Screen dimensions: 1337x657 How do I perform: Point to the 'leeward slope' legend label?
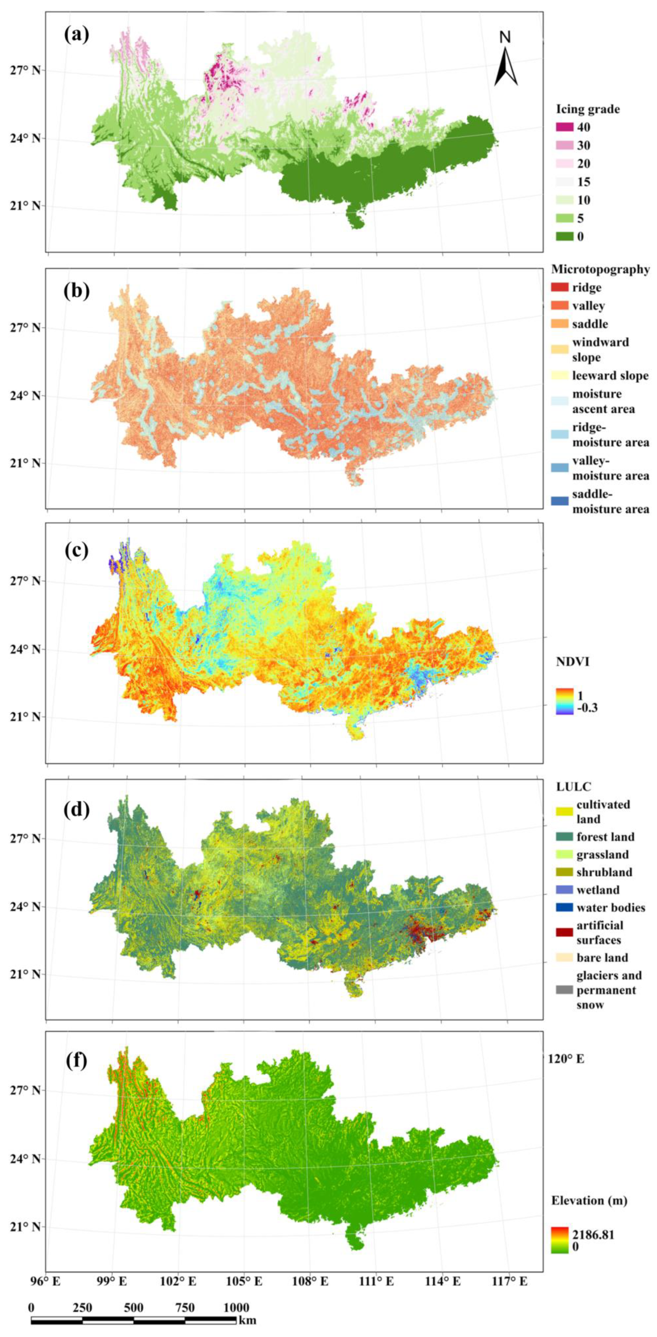pyautogui.click(x=610, y=375)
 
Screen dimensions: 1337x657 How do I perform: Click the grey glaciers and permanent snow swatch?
pyautogui.click(x=563, y=990)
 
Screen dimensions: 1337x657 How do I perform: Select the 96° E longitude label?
pyautogui.click(x=46, y=1292)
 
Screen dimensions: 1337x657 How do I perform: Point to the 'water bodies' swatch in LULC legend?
pyautogui.click(x=563, y=908)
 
